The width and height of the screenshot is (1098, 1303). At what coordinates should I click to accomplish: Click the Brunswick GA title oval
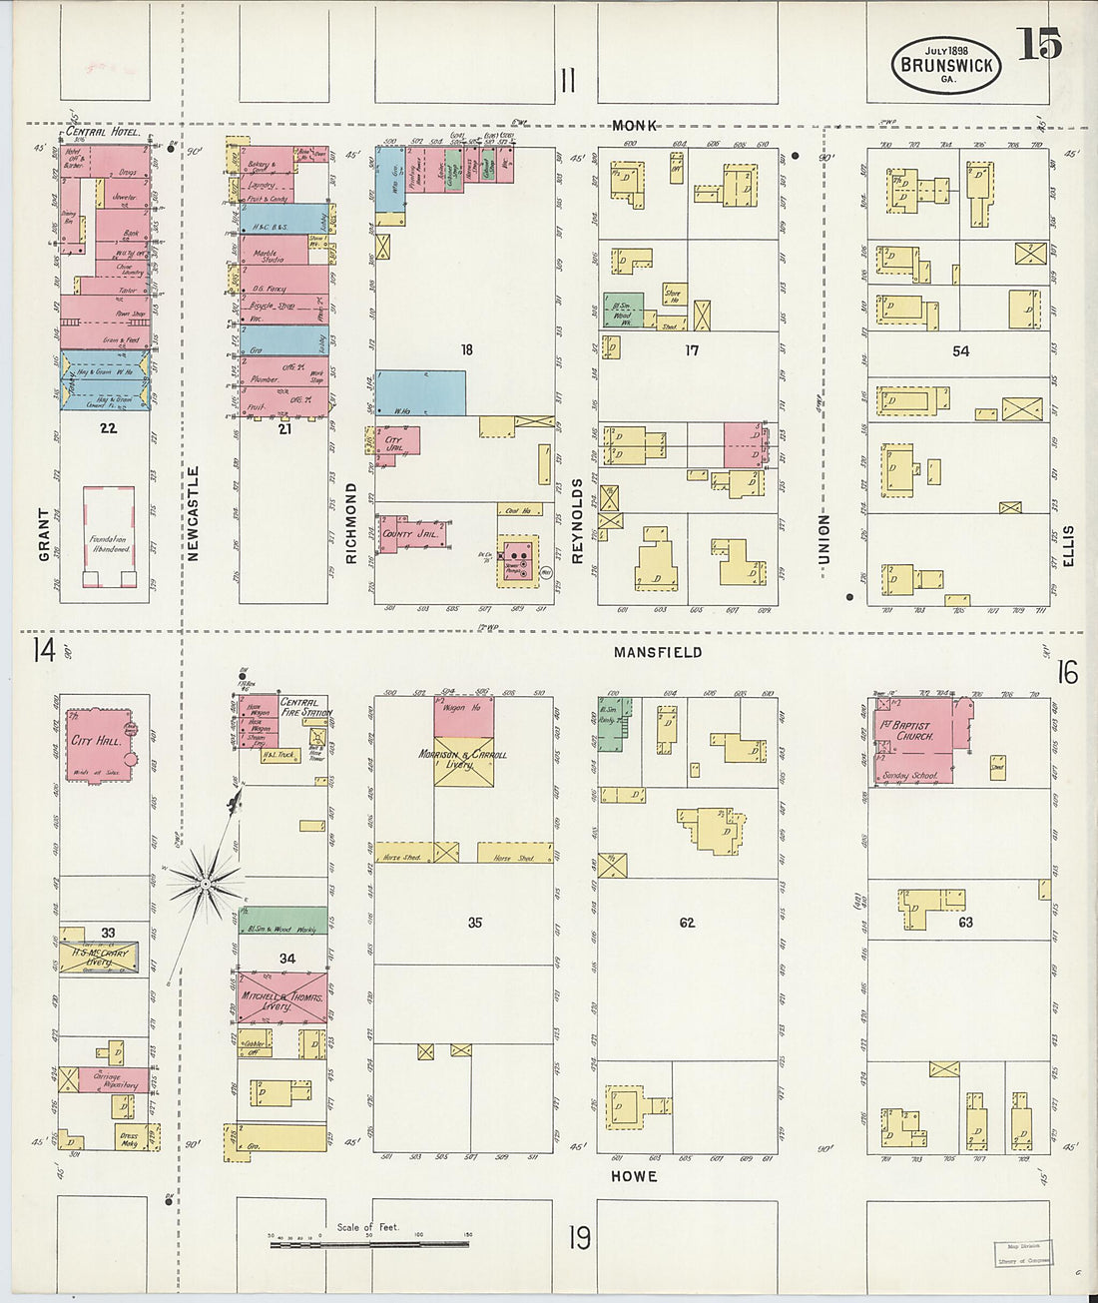(945, 65)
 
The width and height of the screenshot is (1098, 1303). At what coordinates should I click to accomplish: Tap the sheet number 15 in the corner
(1038, 44)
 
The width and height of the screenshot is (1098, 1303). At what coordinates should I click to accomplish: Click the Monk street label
(635, 126)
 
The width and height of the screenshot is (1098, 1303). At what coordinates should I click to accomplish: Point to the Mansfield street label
(658, 652)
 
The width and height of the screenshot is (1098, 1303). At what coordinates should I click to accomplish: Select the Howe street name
(634, 1176)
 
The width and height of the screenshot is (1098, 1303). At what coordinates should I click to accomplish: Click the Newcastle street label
(194, 513)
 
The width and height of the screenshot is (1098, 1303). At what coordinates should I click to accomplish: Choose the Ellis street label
(1068, 546)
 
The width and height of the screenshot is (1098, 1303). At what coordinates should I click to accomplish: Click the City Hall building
(98, 743)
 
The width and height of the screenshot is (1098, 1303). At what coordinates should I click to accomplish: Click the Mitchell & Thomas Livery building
(281, 996)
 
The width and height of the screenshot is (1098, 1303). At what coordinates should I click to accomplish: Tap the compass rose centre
(205, 883)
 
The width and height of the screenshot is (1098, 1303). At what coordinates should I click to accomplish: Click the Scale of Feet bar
(370, 1244)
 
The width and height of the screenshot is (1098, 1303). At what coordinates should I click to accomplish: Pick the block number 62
(687, 923)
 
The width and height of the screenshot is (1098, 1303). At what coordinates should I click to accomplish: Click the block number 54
(960, 351)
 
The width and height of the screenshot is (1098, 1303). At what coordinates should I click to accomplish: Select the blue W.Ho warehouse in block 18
(420, 392)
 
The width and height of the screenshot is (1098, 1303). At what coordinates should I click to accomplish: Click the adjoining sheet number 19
(579, 1238)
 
